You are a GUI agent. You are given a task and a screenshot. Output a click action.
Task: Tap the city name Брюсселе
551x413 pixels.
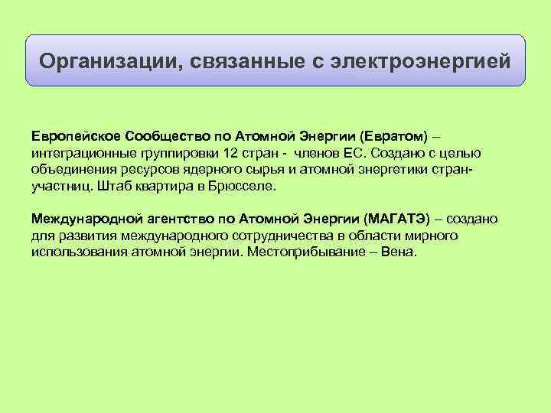pos(245,186)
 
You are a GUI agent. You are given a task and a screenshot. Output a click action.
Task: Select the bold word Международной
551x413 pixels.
pos(83,220)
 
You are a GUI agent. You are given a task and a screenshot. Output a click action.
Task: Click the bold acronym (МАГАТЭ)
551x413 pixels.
pos(399,220)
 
